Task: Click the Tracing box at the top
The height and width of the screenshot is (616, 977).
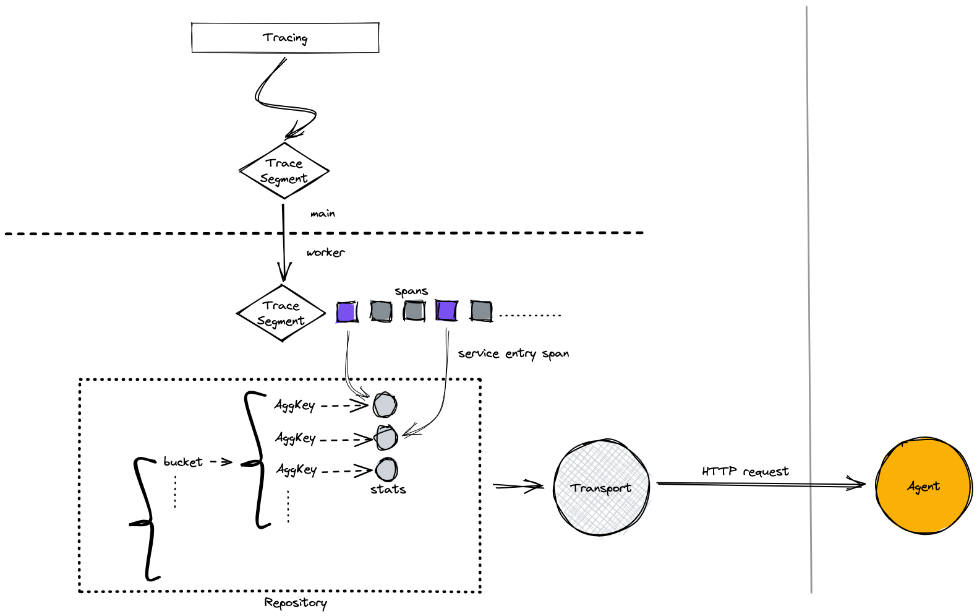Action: coord(285,38)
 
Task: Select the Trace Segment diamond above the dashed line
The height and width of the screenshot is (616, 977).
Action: coord(284,171)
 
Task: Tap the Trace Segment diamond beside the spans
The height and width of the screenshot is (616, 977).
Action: coord(281,313)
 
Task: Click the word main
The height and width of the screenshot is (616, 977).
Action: coord(323,214)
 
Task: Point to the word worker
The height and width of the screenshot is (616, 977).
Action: coord(325,253)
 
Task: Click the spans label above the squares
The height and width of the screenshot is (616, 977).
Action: coord(411,291)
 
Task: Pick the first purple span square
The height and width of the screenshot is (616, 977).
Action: coord(346,311)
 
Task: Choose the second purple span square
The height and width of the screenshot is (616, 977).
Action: coord(446,310)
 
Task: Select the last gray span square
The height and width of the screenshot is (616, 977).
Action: coord(481,311)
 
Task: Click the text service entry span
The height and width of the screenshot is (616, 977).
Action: coord(513,354)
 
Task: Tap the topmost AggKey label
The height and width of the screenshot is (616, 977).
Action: coord(295,406)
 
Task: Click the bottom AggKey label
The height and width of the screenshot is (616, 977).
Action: coord(297,470)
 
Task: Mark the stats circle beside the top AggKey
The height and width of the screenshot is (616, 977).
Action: coord(385,406)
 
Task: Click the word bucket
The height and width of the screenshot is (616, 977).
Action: coord(183,462)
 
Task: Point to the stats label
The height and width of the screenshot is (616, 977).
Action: coord(388,490)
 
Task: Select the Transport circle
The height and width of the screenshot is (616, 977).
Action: coord(601,488)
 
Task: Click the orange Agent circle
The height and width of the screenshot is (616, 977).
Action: coord(924,487)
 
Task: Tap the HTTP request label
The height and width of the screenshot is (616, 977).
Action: coord(745,472)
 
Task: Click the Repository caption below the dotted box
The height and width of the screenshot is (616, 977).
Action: coord(296,603)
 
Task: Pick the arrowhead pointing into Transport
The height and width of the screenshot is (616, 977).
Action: coord(537,487)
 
